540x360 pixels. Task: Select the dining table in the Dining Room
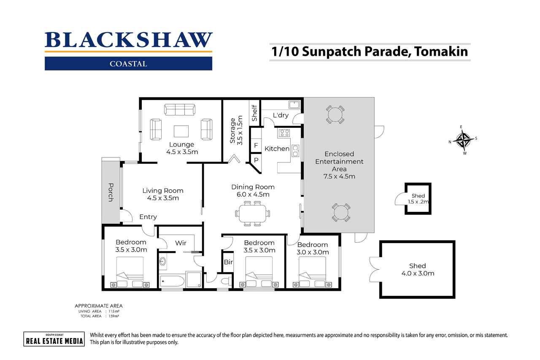point(252,213)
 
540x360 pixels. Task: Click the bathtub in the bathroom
point(173,281)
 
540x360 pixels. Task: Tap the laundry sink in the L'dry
point(294,104)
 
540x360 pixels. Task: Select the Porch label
point(111,192)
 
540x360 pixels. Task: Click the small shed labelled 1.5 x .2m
point(418,198)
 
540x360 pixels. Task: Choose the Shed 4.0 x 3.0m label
point(417,269)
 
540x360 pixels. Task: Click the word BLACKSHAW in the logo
point(129,41)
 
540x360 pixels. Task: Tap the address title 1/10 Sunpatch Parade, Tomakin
point(370,52)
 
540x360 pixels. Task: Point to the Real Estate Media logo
point(54,339)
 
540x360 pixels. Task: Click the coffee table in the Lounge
point(181,131)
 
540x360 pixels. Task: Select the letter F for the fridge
point(255,146)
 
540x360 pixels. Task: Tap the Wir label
point(181,243)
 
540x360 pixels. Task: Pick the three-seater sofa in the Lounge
point(180,110)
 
